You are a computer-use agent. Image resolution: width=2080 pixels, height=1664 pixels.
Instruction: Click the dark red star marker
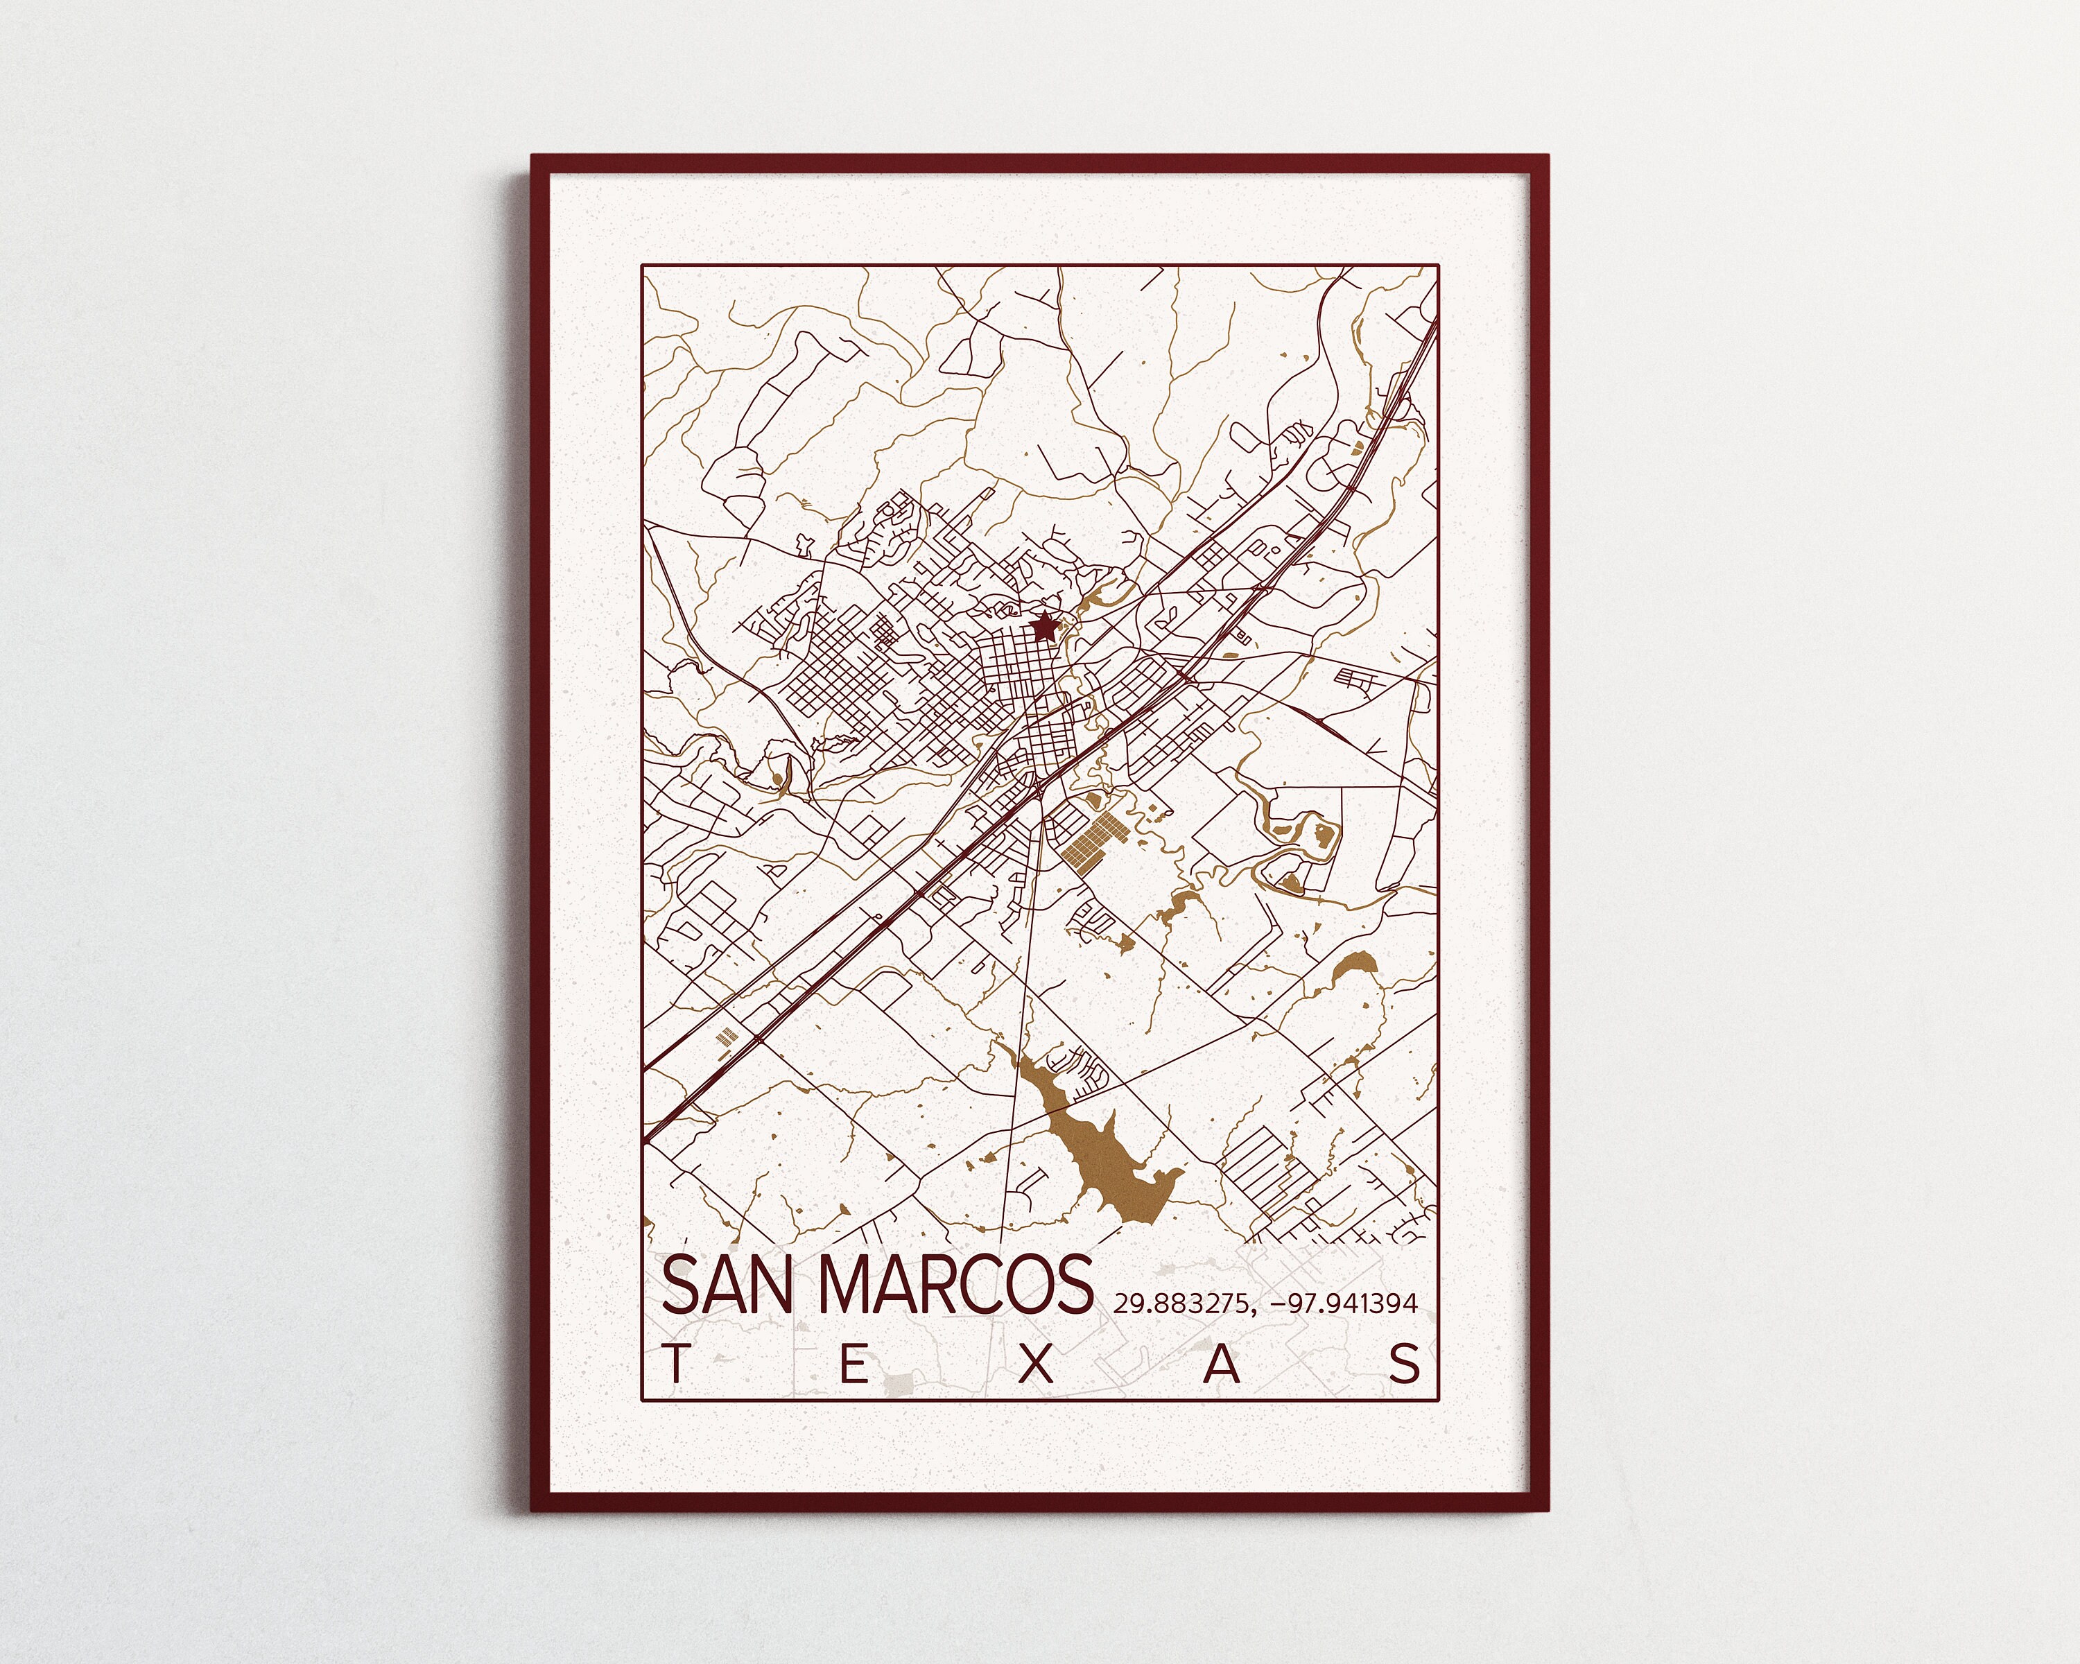(1043, 629)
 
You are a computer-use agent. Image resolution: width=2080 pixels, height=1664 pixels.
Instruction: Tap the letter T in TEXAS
(676, 1365)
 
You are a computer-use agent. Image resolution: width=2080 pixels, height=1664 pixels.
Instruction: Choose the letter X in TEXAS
(1038, 1365)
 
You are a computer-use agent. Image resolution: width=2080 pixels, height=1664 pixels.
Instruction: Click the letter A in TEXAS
(1222, 1365)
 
